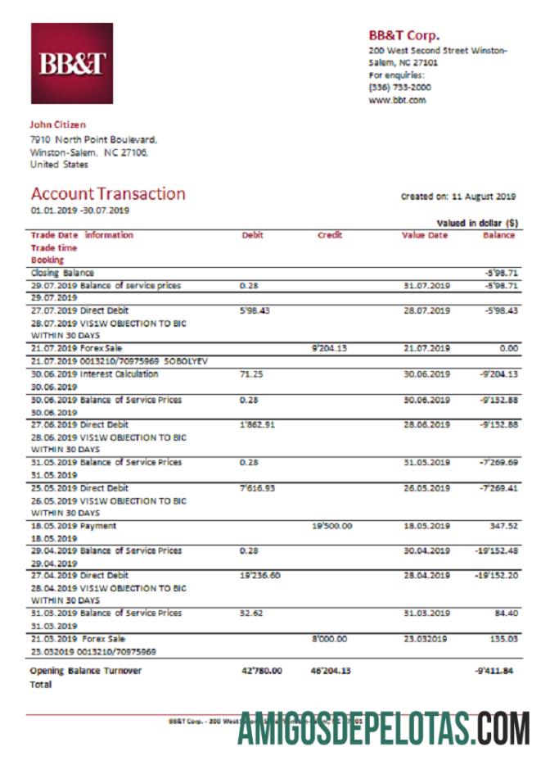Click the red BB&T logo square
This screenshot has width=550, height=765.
71,64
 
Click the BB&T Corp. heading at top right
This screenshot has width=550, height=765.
403,35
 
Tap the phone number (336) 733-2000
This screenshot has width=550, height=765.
400,87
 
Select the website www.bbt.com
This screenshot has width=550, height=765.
397,100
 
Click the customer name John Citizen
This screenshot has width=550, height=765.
57,125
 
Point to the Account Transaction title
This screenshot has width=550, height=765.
108,194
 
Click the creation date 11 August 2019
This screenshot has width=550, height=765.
483,197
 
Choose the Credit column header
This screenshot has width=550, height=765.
330,236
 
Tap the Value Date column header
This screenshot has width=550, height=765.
425,236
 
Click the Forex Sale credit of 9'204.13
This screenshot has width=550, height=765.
330,348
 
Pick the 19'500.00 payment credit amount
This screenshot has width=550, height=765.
331,526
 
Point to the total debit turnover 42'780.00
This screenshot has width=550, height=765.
261,671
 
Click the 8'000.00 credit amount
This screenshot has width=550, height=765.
330,639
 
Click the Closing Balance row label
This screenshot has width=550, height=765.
62,273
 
